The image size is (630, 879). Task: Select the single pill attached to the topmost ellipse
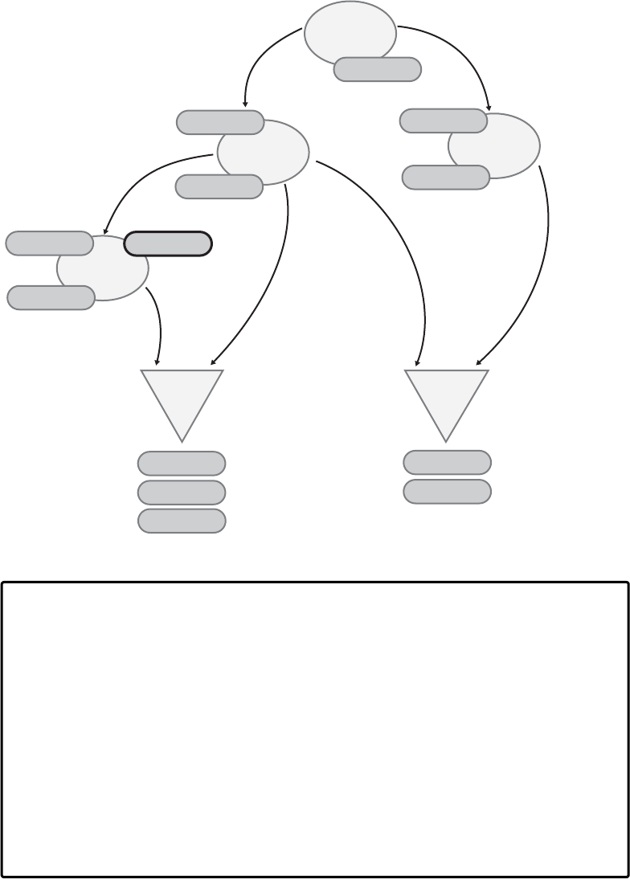tap(378, 70)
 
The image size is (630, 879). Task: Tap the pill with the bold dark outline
tap(168, 243)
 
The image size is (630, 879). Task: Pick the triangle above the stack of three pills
tap(182, 398)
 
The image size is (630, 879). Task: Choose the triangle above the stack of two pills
tap(446, 398)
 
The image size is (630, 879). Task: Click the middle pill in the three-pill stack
tap(182, 492)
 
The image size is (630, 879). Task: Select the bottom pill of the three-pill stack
tap(182, 521)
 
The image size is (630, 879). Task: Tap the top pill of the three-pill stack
tap(182, 464)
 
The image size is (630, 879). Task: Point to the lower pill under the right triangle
tap(447, 492)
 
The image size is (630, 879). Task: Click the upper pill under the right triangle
tap(447, 463)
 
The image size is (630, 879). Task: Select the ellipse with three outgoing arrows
tap(264, 150)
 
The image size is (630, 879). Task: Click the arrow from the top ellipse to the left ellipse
tap(257, 60)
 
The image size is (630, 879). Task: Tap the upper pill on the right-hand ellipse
tap(443, 121)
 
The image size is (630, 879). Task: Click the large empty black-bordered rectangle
tap(314, 729)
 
